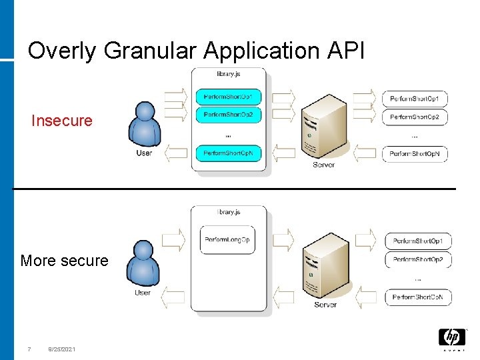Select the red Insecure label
(62, 121)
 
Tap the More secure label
(64, 261)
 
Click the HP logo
(451, 337)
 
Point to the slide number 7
(29, 349)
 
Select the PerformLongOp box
(227, 240)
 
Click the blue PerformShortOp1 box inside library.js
(228, 97)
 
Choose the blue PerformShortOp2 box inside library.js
(228, 115)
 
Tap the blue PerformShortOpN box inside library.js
(228, 153)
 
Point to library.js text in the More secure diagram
(229, 212)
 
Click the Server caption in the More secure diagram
(325, 305)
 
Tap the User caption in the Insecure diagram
(144, 153)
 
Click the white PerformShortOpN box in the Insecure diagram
(414, 154)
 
